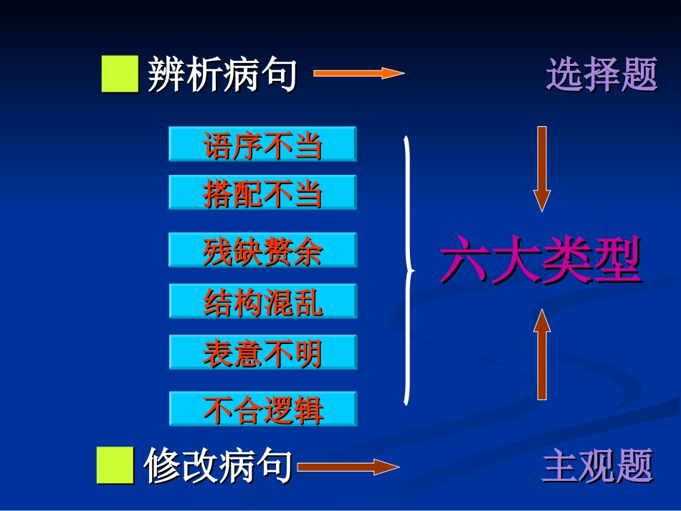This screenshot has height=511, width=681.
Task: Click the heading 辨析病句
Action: pyautogui.click(x=222, y=75)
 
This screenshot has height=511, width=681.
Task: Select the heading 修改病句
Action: pyautogui.click(x=218, y=467)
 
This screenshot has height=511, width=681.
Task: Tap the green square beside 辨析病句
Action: pyautogui.click(x=120, y=75)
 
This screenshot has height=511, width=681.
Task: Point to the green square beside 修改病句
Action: pyautogui.click(x=115, y=465)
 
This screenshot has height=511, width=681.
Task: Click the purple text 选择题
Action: pyautogui.click(x=601, y=75)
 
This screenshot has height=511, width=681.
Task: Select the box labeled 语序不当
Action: pyautogui.click(x=262, y=145)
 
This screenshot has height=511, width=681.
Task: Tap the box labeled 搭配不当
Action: pyautogui.click(x=262, y=194)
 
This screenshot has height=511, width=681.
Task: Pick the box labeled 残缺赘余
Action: pyautogui.click(x=262, y=251)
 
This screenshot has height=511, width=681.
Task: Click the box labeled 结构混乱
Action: pyautogui.click(x=262, y=302)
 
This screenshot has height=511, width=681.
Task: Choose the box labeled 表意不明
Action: pyautogui.click(x=262, y=353)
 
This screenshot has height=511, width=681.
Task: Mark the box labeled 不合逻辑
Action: pyautogui.click(x=262, y=409)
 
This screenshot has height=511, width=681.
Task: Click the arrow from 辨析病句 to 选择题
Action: pyautogui.click(x=358, y=72)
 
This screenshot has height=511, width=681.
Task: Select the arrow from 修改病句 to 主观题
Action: pyautogui.click(x=348, y=467)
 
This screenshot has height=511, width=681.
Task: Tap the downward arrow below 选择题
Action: pyautogui.click(x=542, y=168)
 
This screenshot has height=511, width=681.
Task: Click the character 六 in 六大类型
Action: pyautogui.click(x=465, y=263)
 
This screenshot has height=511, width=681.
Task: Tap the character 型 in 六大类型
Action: pyautogui.click(x=616, y=263)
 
